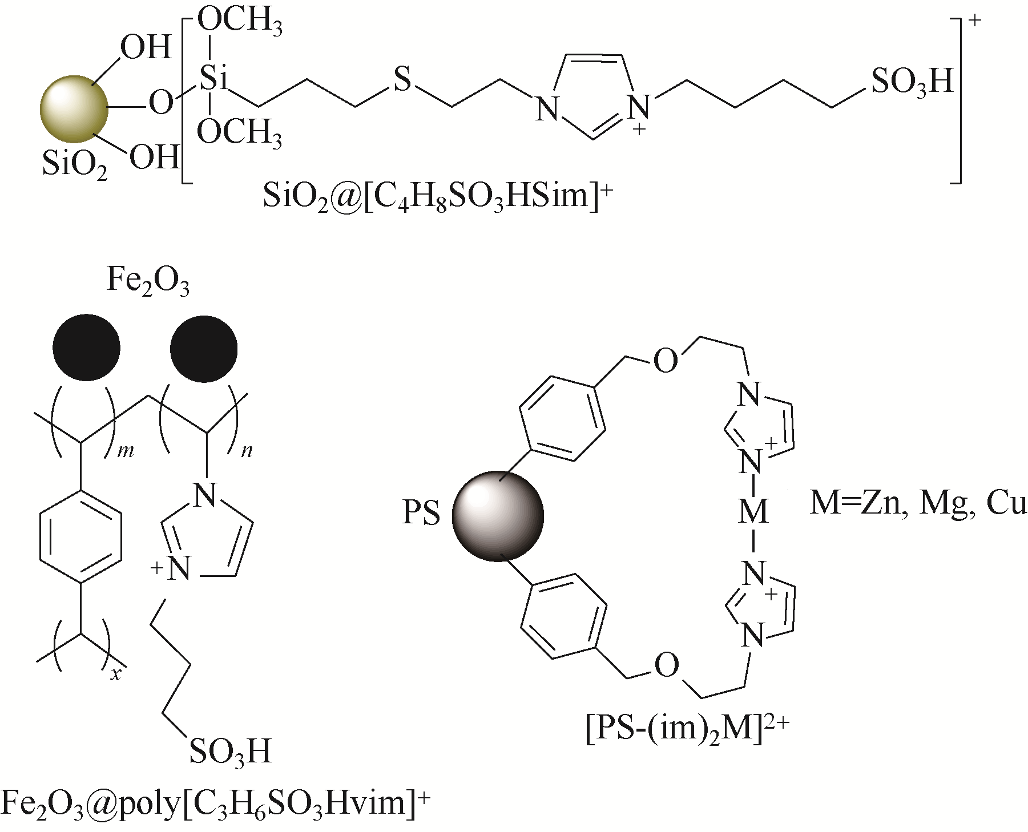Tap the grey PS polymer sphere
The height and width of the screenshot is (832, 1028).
coord(498,515)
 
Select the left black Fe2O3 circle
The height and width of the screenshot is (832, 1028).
coord(86,346)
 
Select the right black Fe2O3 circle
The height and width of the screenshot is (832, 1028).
coord(204,346)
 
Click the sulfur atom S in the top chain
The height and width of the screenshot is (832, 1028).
coord(402,80)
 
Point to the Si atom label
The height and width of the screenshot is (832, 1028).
coord(213,80)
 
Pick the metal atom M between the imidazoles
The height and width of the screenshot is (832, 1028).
coord(753,512)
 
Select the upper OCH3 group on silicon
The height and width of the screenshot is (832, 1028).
coord(240,25)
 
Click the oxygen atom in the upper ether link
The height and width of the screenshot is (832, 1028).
coord(666,361)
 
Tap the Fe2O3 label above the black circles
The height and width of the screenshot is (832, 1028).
coord(148,282)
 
